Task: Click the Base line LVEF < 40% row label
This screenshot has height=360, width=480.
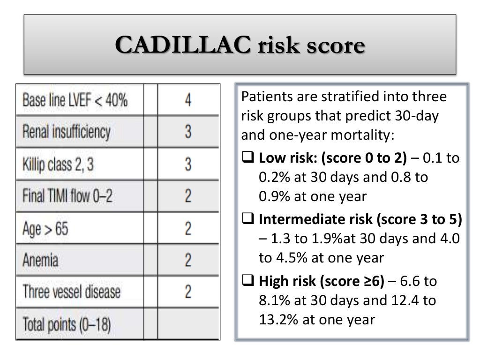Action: pyautogui.click(x=75, y=100)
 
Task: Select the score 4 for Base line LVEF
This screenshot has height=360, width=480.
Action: pyautogui.click(x=187, y=100)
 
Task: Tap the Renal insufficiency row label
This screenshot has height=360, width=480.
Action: pyautogui.click(x=66, y=132)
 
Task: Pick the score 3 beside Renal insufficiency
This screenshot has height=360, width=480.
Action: pyautogui.click(x=187, y=132)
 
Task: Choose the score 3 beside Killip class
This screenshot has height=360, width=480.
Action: pyautogui.click(x=187, y=164)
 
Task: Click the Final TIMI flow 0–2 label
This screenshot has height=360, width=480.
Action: pyautogui.click(x=67, y=195)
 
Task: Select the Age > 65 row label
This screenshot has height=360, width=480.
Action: pyautogui.click(x=45, y=228)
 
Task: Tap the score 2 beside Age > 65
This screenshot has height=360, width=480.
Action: pyautogui.click(x=187, y=228)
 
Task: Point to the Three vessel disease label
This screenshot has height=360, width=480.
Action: pyautogui.click(x=71, y=292)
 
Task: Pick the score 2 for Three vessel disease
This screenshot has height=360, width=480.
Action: pyautogui.click(x=187, y=292)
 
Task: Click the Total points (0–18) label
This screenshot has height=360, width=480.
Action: pyautogui.click(x=66, y=324)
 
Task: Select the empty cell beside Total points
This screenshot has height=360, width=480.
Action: pyautogui.click(x=187, y=324)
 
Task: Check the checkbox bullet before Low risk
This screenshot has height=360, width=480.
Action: pyautogui.click(x=247, y=159)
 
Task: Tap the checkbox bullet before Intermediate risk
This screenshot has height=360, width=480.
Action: pyautogui.click(x=247, y=219)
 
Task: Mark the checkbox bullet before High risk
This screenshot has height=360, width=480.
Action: pyautogui.click(x=247, y=281)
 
